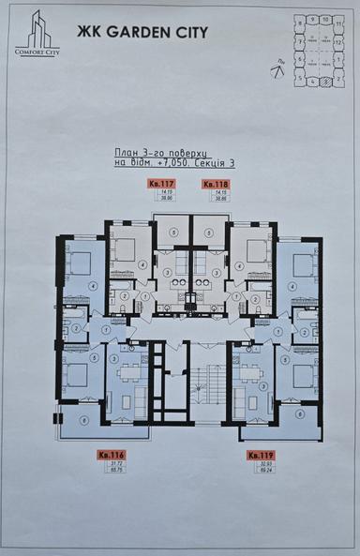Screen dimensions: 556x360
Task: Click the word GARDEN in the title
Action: coord(125,31)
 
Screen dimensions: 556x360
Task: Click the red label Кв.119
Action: coord(260,455)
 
